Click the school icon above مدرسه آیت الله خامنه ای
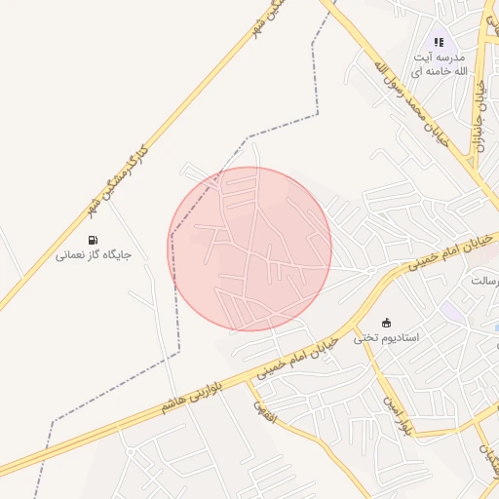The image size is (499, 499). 439,42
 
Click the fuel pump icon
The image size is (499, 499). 93,240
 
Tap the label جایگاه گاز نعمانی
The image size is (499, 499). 93,255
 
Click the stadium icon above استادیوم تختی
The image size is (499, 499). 386,323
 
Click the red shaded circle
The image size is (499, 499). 250,249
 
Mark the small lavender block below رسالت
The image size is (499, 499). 450,311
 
